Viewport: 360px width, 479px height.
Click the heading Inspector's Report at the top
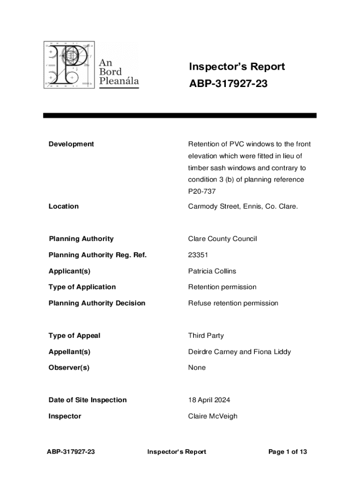237,67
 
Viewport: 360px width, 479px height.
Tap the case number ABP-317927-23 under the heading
228,84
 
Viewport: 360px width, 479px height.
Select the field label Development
71,144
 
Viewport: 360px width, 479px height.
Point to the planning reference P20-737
202,191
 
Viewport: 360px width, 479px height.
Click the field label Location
64,206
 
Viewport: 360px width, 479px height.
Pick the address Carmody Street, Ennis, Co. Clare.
243,206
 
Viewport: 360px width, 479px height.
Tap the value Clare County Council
222,239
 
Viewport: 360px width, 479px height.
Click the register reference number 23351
198,255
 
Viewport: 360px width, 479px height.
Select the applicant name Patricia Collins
212,271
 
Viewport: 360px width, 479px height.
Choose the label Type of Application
82,287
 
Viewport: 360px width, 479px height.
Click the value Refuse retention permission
233,303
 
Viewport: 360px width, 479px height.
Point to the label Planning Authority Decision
97,303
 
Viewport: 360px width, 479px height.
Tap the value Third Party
206,335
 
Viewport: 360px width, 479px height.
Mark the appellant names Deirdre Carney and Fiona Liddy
240,352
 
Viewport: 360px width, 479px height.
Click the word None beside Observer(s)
197,368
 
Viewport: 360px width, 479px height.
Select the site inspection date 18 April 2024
209,400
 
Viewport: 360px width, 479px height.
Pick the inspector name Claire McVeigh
212,416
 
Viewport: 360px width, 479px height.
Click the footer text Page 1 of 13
288,452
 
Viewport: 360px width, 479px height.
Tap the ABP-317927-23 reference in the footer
71,452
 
